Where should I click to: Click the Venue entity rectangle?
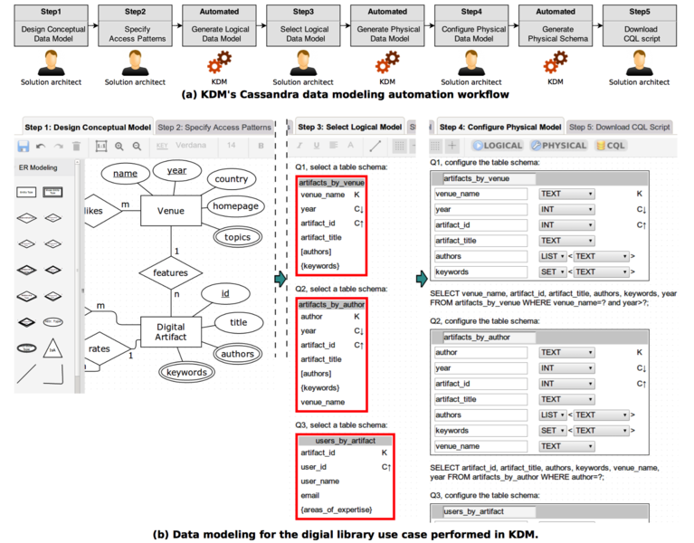tap(171, 211)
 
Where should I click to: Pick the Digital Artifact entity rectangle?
tap(170, 331)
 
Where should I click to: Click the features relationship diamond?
tap(171, 272)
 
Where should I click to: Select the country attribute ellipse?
tap(232, 179)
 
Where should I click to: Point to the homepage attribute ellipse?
tap(236, 206)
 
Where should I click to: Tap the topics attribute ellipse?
tap(238, 237)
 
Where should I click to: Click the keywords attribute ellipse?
tap(187, 372)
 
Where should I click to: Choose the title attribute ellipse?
tap(238, 322)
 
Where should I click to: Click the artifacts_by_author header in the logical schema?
tap(331, 305)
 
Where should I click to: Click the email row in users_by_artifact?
tap(312, 495)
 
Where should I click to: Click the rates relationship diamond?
tap(100, 348)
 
